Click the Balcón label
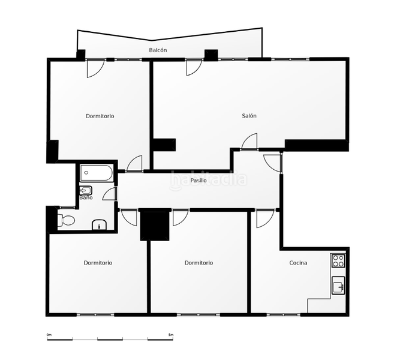coord(158,50)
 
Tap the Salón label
coord(249,116)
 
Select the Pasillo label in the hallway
coord(199,181)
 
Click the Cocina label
coord(298,263)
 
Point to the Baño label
coord(86,197)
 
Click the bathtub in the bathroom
coord(97,173)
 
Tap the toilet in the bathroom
coord(66,221)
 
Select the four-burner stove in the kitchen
coord(338,260)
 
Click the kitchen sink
coord(338,286)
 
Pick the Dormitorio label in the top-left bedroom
coord(100,116)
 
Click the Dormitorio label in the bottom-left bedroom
coord(98,263)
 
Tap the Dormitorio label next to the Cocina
coord(199,263)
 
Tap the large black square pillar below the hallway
coord(155,225)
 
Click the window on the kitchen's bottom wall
coord(284,315)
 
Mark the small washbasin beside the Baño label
coord(86,190)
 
